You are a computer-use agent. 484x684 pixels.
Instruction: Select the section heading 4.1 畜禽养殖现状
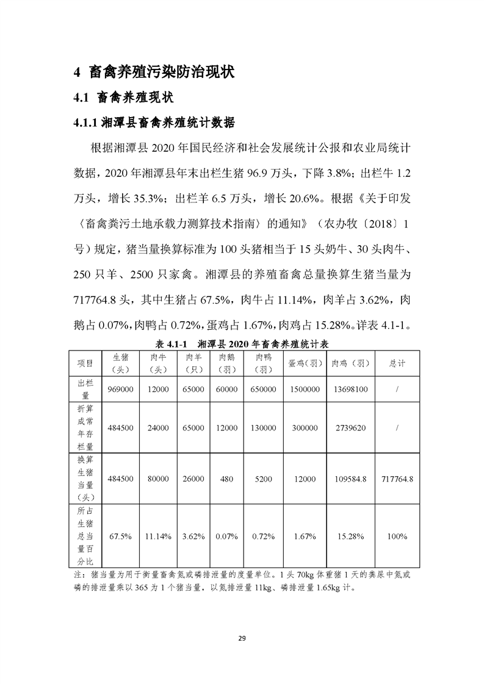click(124, 97)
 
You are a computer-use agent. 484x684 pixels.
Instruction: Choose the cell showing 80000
click(159, 479)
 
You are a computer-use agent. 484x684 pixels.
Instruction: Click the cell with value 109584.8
click(350, 479)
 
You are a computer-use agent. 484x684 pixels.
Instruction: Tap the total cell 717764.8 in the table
click(397, 479)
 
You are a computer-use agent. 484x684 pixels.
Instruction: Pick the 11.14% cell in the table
click(159, 536)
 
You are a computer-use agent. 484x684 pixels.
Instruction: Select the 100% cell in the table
click(397, 536)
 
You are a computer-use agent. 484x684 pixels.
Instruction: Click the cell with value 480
click(226, 479)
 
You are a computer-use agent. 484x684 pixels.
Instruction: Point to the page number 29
click(242, 638)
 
